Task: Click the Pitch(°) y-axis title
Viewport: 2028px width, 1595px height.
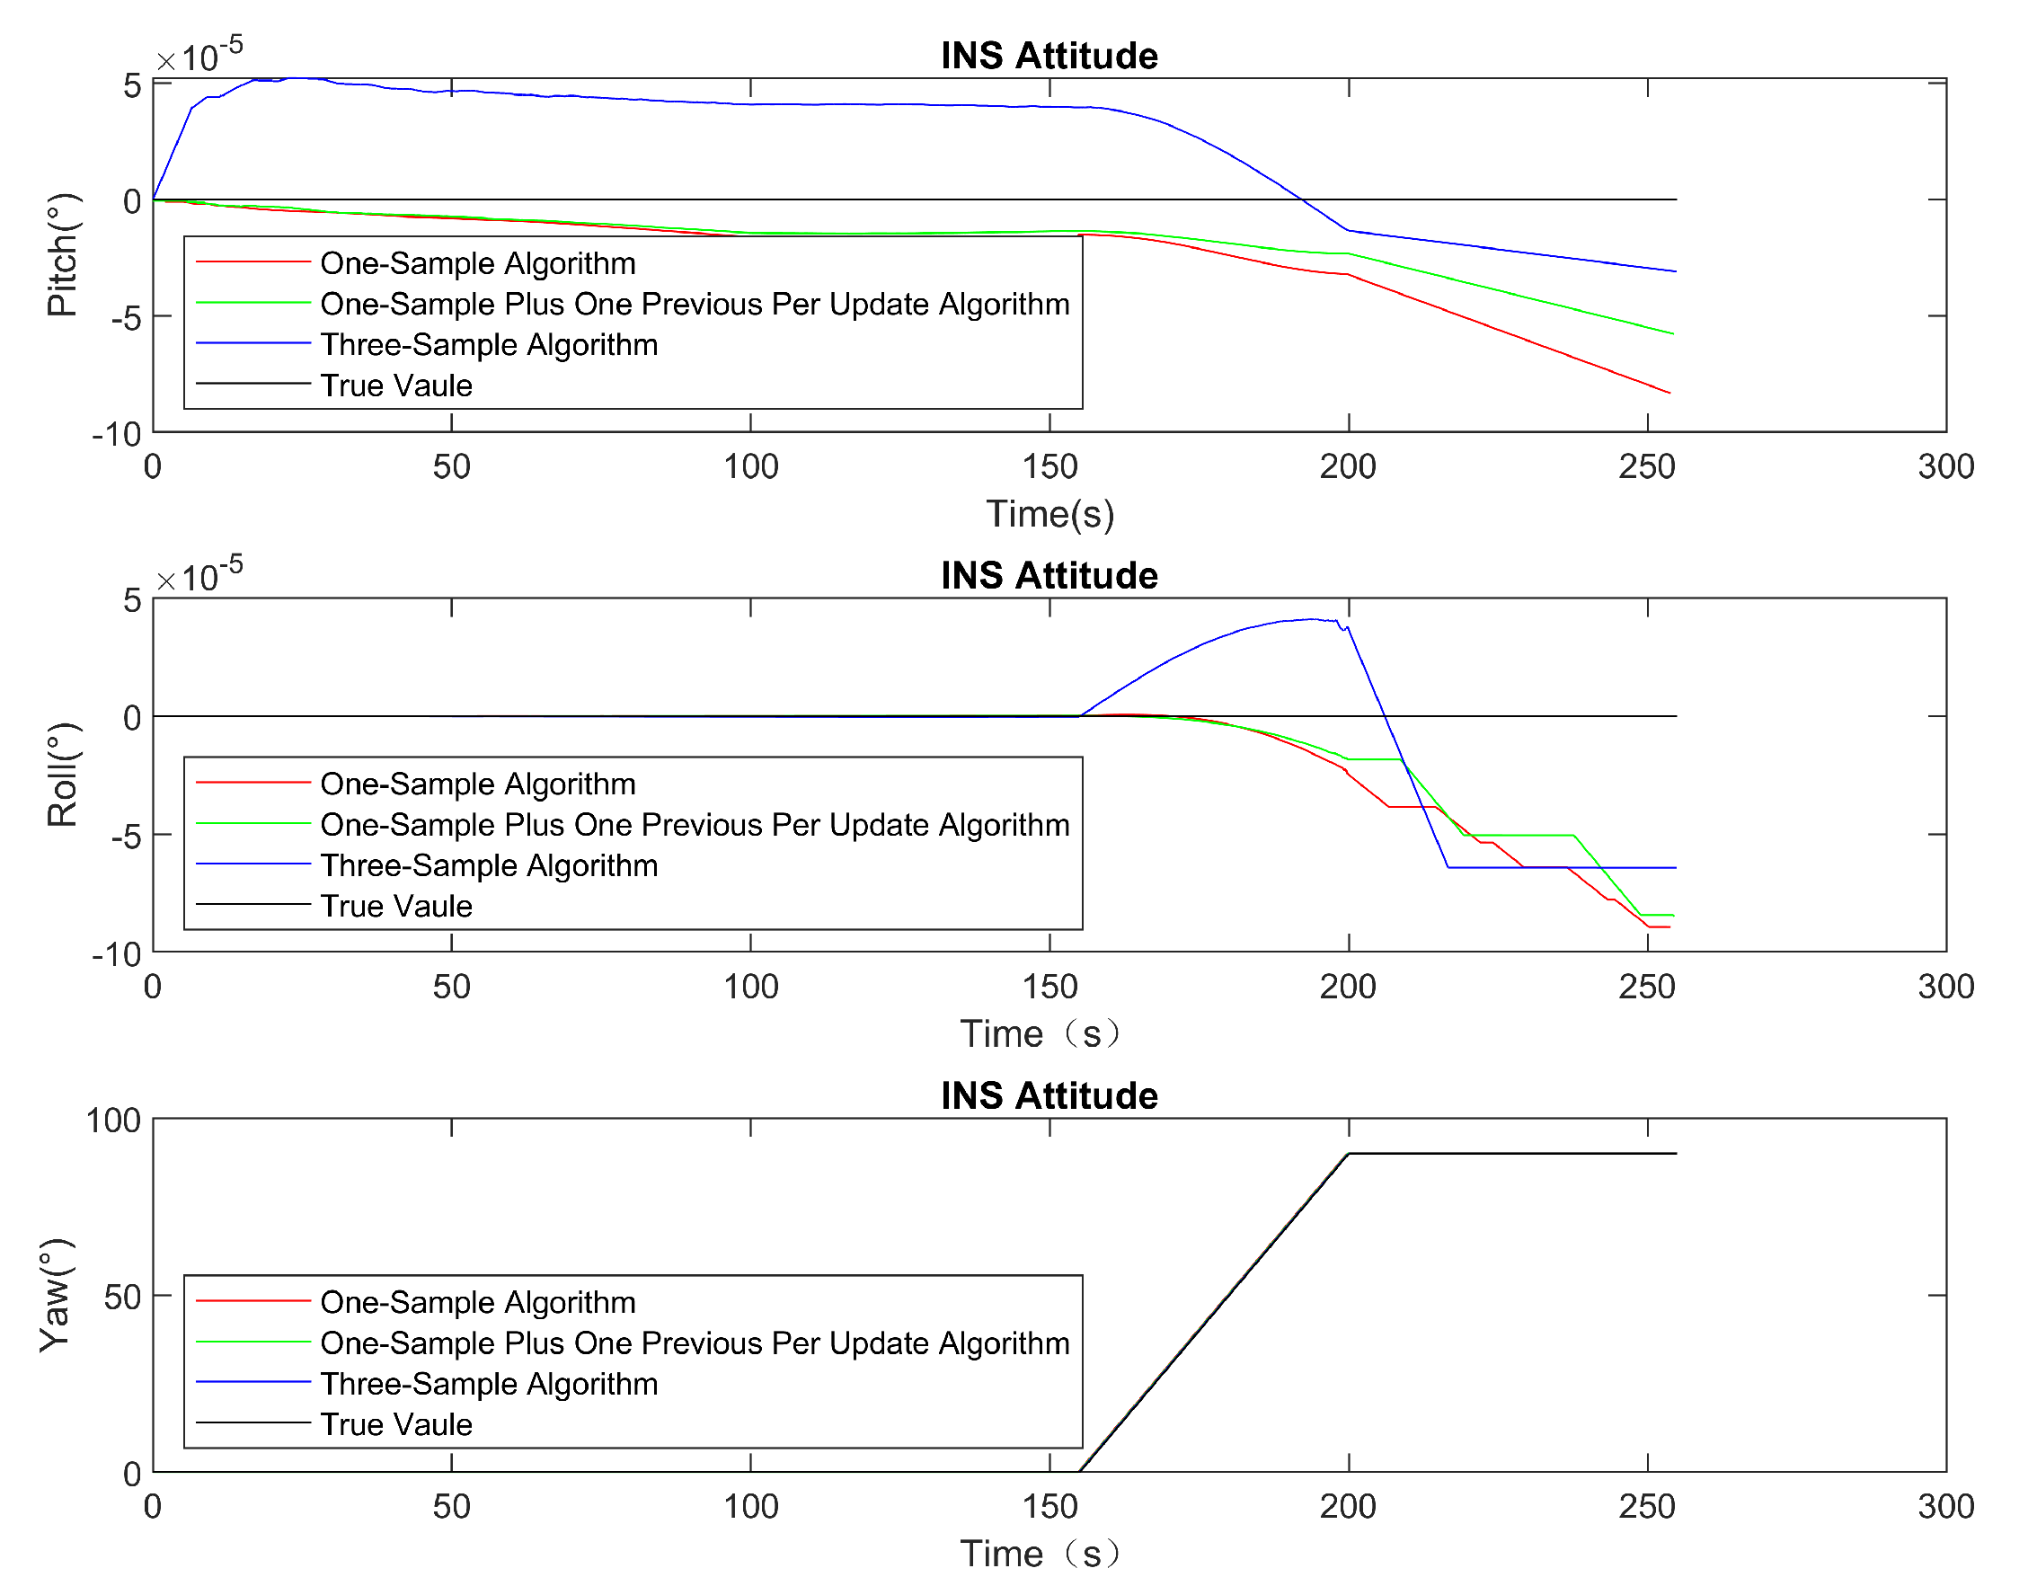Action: pos(62,255)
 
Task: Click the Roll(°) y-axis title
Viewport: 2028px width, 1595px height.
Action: pos(62,775)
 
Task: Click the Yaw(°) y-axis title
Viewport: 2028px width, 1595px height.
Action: pos(56,1295)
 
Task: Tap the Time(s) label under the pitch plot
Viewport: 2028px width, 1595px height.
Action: pos(1049,515)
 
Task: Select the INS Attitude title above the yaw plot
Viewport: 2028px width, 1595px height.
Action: pos(1049,1095)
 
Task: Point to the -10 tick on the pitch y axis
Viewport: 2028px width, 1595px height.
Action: pos(117,434)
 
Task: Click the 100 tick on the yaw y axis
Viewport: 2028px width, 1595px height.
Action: pos(113,1120)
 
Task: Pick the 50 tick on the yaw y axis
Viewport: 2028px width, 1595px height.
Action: pos(122,1296)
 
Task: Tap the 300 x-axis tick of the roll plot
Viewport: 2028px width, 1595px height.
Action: pos(1945,987)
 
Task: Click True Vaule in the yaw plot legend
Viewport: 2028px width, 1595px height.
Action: pos(396,1424)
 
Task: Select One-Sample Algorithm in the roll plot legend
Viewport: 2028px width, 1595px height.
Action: pos(477,784)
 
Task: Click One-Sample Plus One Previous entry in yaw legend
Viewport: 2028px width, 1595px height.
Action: pos(695,1342)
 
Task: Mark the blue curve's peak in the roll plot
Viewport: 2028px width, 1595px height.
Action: pos(1313,619)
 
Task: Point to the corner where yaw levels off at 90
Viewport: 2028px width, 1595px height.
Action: pos(1349,1154)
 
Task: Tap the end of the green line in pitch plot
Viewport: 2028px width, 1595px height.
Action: pos(1672,333)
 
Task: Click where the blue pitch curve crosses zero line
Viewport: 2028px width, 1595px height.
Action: pos(1303,199)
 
